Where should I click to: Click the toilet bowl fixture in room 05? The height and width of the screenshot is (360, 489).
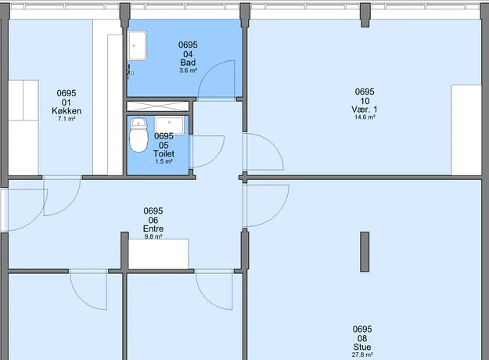(138, 135)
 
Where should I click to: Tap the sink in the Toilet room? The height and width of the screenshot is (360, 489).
(169, 125)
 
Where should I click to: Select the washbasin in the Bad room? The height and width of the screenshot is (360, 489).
(137, 45)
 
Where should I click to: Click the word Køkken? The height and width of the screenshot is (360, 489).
(67, 111)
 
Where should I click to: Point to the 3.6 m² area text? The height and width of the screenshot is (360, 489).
(188, 70)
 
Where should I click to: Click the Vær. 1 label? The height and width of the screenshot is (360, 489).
(365, 110)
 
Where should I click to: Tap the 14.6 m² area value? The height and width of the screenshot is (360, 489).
(365, 117)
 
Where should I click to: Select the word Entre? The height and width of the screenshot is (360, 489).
(153, 229)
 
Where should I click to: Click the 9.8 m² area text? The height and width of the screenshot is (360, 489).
(153, 236)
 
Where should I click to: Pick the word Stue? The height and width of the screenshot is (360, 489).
(362, 347)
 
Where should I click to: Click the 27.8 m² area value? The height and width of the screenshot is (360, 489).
(362, 355)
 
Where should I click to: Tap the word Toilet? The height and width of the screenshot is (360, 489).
(164, 153)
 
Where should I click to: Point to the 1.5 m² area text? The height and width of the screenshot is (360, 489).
(164, 161)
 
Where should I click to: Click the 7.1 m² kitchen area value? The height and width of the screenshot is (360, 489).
(67, 119)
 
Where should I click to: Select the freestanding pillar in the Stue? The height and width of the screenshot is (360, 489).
(365, 252)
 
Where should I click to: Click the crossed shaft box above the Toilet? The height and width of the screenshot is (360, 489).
(158, 106)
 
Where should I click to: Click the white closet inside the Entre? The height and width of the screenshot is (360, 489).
(158, 254)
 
